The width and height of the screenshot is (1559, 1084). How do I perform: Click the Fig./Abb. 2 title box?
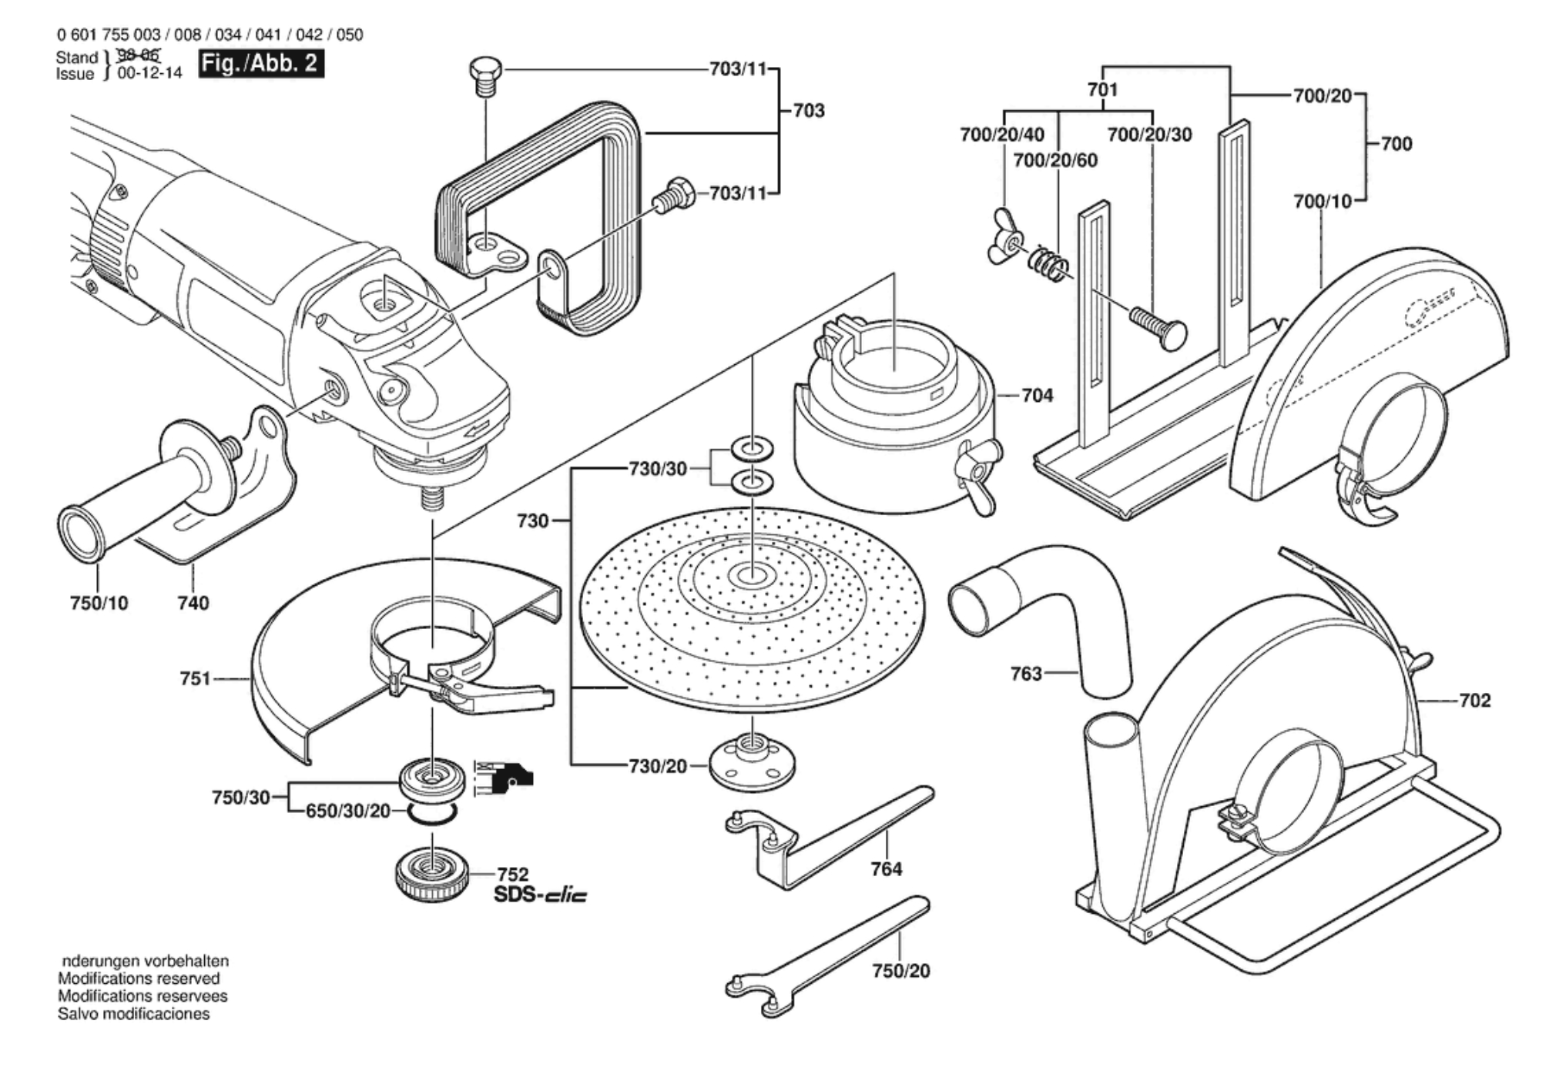point(260,63)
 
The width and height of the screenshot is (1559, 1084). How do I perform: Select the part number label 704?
point(1037,396)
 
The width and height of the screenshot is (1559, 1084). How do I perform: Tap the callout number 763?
point(1026,674)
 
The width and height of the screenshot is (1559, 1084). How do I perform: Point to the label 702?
point(1474,701)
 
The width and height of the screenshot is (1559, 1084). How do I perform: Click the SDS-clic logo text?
point(540,895)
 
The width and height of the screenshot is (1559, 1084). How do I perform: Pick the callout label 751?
point(195,679)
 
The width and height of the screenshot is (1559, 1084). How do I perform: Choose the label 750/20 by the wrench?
point(900,971)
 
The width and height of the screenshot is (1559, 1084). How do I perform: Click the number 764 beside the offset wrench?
point(886,869)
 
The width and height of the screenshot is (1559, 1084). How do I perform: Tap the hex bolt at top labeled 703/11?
point(485,75)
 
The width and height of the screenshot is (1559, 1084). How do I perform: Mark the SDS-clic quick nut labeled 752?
point(432,875)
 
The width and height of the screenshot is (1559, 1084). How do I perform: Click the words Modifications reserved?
point(139,979)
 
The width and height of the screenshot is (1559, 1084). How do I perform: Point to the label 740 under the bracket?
point(193,603)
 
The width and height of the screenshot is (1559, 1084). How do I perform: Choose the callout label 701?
point(1102,90)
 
